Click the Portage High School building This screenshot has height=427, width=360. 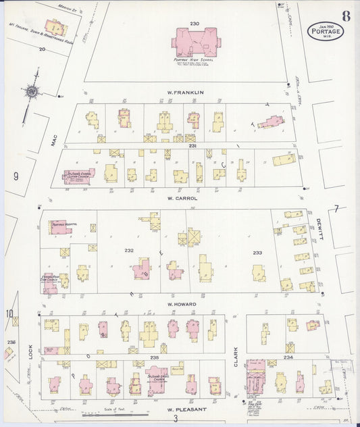pos(195,42)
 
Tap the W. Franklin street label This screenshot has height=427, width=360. pos(185,92)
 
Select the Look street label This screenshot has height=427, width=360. pos(30,352)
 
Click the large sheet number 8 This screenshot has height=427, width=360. pos(346,16)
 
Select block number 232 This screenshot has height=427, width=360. pos(129,251)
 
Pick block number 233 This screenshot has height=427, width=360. pos(257,252)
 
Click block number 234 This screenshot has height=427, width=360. pos(289,356)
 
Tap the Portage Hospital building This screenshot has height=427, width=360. pos(61,227)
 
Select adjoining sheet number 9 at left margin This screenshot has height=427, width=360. pos(14,177)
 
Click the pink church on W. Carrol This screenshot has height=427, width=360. pos(79,176)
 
